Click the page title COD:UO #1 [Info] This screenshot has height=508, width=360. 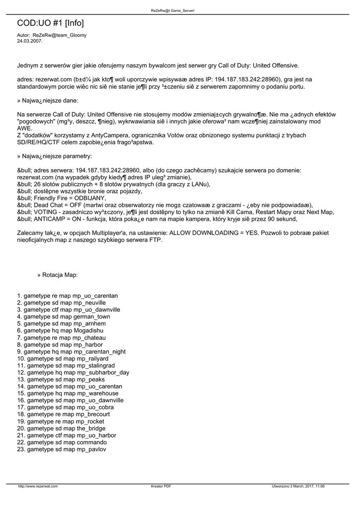pos(50,23)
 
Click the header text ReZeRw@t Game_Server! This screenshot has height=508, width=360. pos(180,10)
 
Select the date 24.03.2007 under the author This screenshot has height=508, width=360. pos(30,41)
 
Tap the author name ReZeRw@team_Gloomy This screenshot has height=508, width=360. pos(59,35)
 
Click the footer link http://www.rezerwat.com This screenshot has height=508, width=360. pos(38,486)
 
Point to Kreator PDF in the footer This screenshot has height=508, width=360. pos(161,486)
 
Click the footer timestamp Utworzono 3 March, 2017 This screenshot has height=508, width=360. pos(298,486)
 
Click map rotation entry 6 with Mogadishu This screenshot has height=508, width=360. pos(60,330)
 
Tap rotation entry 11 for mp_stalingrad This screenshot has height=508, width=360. pos(62,365)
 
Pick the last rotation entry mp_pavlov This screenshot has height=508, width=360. pos(62,449)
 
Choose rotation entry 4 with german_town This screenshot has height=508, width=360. pos(64,317)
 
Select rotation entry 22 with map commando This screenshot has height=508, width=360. pos(62,442)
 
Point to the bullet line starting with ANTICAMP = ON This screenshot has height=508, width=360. pos(157,219)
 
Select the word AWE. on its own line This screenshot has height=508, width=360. pos(24,128)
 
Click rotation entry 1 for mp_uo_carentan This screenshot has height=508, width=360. pos(68,296)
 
